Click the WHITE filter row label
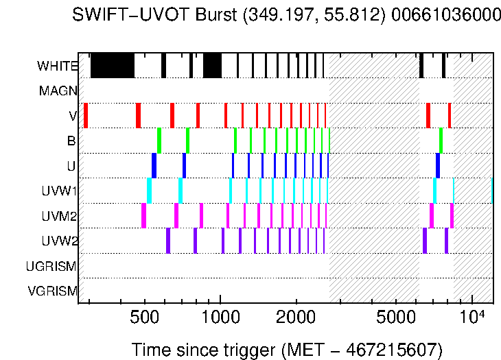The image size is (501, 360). click(57, 67)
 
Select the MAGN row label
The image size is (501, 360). click(58, 91)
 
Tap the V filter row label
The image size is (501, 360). click(73, 116)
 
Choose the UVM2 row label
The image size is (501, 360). click(59, 216)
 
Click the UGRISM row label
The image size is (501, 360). click(51, 265)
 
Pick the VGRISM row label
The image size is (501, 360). click(52, 290)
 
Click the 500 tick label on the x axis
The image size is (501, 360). click(144, 319)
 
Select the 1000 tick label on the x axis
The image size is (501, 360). click(220, 319)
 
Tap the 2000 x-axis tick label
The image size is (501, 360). click(296, 319)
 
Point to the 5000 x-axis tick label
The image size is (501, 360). click(397, 319)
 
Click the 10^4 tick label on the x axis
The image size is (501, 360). click(473, 317)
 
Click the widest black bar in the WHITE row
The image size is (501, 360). click(113, 66)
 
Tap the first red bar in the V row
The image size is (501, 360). click(86, 115)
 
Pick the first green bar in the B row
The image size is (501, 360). click(159, 140)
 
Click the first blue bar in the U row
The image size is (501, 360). click(154, 165)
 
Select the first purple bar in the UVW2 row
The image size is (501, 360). click(168, 240)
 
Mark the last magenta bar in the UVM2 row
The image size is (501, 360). click(452, 215)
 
